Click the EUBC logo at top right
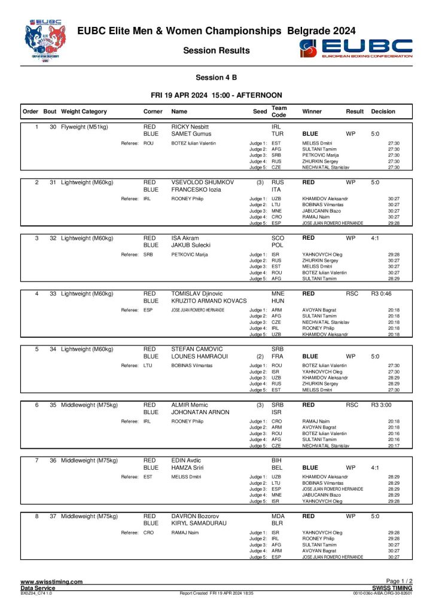[356, 48]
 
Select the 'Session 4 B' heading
[216, 78]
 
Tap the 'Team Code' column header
[279, 111]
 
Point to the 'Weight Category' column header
[84, 111]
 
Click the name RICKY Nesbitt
[190, 127]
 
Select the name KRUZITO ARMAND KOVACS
[209, 301]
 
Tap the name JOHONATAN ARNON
[200, 412]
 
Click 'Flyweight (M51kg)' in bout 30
[84, 127]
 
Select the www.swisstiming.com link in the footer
[51, 582]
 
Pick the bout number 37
[53, 516]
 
